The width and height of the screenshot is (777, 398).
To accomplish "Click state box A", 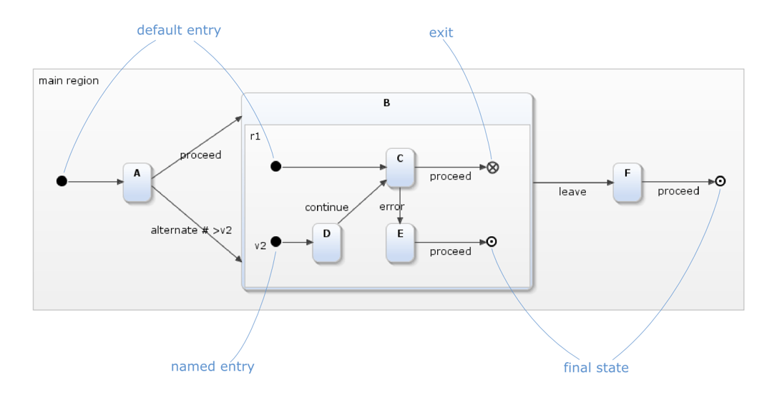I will click(137, 182).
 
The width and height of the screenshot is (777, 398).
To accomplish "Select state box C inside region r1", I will click(400, 167).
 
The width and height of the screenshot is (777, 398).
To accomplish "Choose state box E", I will click(400, 242).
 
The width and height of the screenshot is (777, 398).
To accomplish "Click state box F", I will click(627, 182).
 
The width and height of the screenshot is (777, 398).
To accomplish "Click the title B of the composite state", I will click(387, 103).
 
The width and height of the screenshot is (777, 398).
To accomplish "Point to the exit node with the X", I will click(492, 167).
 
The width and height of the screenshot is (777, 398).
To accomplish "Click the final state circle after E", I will click(492, 242).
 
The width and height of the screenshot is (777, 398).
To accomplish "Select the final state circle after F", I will click(720, 182).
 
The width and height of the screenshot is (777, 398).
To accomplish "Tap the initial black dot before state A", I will click(62, 181).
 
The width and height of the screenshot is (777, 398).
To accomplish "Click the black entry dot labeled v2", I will click(276, 242).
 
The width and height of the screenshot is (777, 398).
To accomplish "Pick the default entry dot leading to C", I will click(275, 167).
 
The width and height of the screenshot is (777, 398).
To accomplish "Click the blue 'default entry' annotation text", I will click(178, 31).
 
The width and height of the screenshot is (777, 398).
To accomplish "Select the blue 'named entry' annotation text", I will click(212, 367).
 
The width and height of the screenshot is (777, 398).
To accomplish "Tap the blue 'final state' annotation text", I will click(595, 368).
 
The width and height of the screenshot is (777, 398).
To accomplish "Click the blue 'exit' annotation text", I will click(441, 32).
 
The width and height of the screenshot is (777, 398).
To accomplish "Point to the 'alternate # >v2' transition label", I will click(191, 230).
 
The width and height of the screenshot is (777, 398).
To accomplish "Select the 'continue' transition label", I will click(326, 208).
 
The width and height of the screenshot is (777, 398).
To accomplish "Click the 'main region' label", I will click(69, 80).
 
